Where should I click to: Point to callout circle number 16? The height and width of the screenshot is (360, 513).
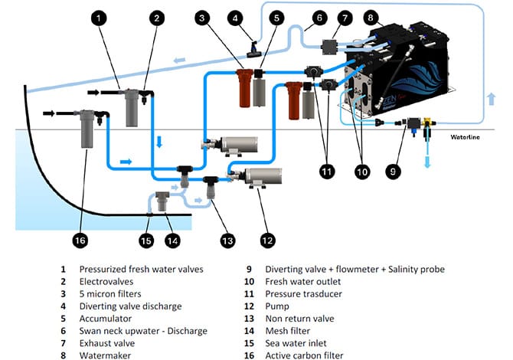[x=80, y=240]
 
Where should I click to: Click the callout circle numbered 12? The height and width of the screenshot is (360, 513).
[x=266, y=240]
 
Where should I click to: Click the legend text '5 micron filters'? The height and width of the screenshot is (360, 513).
[x=113, y=293]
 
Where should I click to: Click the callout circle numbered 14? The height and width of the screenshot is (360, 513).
[x=173, y=240]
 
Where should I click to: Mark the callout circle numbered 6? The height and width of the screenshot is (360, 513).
[x=319, y=17]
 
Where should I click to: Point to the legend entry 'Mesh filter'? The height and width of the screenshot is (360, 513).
[x=288, y=330]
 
